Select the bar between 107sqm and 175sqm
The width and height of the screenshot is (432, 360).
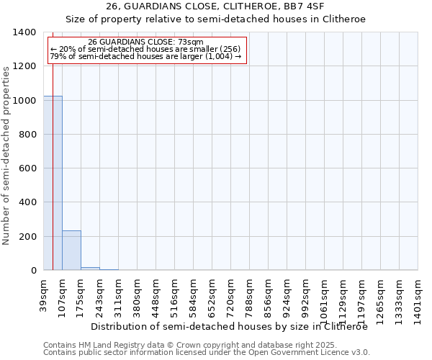tap(71, 251)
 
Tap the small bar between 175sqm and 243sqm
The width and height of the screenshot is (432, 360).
tap(90, 269)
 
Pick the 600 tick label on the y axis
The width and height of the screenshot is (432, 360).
tap(27, 168)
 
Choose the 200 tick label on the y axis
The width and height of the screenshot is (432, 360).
tap(27, 237)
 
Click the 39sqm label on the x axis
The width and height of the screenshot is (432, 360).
tap(44, 293)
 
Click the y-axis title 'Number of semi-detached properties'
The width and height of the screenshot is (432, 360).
tap(6, 155)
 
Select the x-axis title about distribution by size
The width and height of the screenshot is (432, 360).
tap(230, 326)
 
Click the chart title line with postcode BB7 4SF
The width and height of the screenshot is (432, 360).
tap(215, 6)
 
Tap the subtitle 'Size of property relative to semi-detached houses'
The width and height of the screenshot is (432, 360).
tap(215, 19)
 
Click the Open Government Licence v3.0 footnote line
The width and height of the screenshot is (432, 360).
tap(207, 353)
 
